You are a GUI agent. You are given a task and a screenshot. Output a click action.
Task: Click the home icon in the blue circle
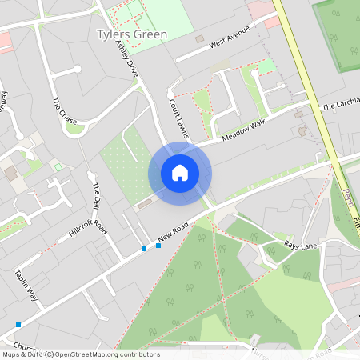pyautogui.click(x=180, y=173)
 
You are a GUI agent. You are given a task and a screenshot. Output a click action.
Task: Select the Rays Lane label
pyautogui.click(x=301, y=246)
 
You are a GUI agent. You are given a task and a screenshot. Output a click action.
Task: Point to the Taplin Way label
pyautogui.click(x=26, y=284)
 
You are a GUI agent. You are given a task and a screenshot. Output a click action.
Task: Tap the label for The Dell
pyautogui.click(x=98, y=198)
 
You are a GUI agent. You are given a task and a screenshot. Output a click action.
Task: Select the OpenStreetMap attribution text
pyautogui.click(x=80, y=354)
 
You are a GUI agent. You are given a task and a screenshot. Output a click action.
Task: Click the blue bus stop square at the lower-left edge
pyautogui.click(x=18, y=325)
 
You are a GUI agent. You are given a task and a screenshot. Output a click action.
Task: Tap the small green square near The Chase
pyautogui.click(x=58, y=166)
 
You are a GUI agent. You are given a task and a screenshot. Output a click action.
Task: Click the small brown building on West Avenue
pyautogui.click(x=199, y=38)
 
